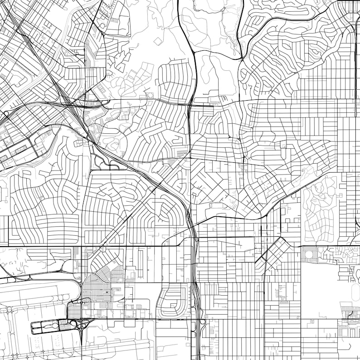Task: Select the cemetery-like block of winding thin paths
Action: [320, 209]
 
